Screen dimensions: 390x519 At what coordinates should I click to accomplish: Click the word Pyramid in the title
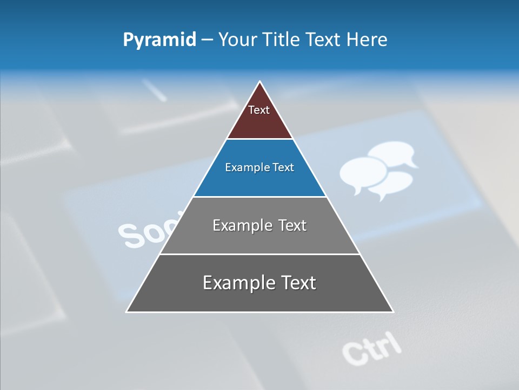point(159,40)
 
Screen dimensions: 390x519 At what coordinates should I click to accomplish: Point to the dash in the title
point(207,40)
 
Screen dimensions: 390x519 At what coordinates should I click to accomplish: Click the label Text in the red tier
point(259,110)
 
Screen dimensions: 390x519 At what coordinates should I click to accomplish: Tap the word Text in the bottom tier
point(297,283)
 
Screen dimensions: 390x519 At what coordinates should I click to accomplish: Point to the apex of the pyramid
point(260,82)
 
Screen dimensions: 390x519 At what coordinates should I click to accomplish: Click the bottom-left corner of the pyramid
point(127,311)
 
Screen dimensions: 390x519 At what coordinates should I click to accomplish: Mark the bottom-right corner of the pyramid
point(393,311)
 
